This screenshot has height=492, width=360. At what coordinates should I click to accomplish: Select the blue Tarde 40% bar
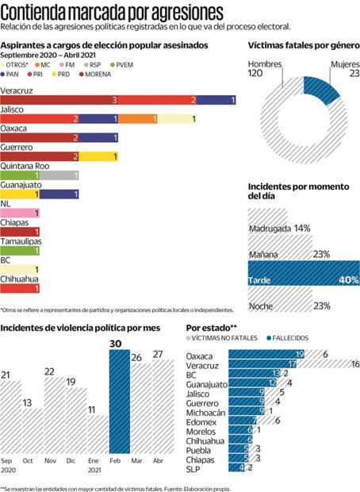point(304,279)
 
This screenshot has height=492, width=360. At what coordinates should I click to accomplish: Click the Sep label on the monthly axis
point(8,462)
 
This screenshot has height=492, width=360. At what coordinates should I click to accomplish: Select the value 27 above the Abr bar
point(158,354)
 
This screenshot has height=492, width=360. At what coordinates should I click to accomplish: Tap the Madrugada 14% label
point(278,228)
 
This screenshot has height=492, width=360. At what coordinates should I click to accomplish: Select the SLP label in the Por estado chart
point(195,468)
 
